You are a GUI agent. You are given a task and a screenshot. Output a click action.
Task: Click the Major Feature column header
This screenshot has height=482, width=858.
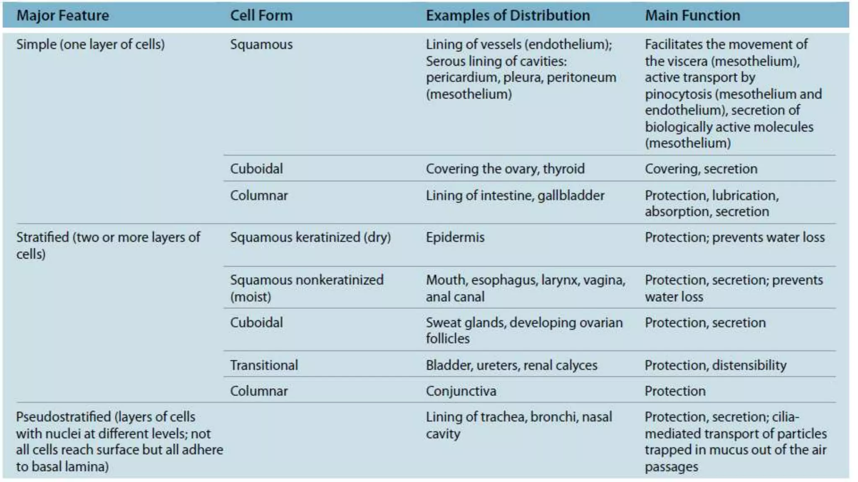point(62,15)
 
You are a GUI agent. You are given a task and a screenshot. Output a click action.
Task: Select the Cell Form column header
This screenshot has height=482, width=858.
point(261,15)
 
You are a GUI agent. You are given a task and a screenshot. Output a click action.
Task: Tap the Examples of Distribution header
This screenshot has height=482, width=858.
point(507,15)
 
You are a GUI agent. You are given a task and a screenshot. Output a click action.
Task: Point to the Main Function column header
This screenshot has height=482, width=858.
point(692,15)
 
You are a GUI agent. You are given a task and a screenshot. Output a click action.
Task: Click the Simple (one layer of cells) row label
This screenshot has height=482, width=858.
point(90,44)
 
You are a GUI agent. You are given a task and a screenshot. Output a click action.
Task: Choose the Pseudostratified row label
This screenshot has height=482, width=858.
point(119,441)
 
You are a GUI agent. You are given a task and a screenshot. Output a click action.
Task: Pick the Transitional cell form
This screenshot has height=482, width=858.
point(264,365)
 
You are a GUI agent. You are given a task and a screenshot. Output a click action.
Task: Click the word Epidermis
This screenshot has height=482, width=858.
point(455,237)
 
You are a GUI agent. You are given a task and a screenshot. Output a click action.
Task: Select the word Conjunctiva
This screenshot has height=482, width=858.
point(461,391)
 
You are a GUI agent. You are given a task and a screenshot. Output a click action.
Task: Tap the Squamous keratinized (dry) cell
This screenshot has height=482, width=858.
point(310,237)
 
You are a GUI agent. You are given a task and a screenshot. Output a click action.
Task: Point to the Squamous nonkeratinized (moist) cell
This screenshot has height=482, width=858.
point(306,288)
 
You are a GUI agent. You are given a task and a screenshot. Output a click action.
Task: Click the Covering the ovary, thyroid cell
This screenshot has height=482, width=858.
point(505,169)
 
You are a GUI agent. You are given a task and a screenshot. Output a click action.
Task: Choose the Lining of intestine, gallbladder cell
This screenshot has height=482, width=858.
point(515,195)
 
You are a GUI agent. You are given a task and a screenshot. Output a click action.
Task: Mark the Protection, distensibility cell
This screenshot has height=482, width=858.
point(715,365)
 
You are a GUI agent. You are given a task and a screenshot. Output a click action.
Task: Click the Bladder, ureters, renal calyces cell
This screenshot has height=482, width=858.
point(511,365)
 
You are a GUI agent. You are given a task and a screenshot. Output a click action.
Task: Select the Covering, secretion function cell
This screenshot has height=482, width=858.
point(701,169)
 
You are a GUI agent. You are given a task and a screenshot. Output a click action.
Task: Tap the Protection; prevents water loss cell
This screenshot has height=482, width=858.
point(734,237)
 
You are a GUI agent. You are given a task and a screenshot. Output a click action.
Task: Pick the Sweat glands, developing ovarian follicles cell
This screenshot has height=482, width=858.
point(524,330)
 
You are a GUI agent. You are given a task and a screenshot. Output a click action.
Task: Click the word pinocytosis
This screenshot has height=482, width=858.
point(678,94)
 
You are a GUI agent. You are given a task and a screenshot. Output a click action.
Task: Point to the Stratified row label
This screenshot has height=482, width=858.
point(108,245)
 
